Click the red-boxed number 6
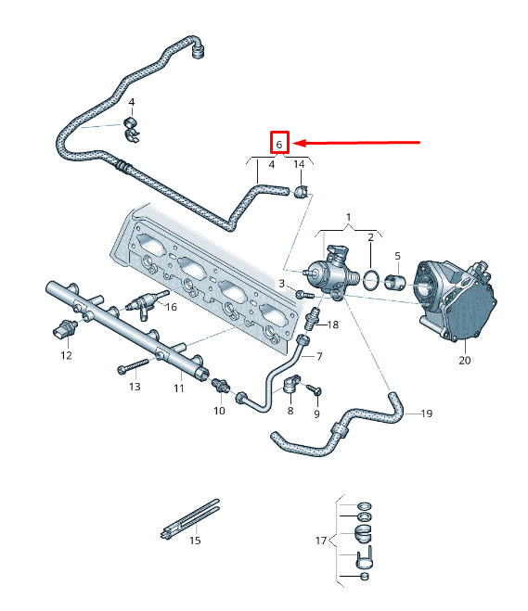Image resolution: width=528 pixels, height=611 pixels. click(278, 145)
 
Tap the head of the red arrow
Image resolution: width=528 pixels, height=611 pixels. click(293, 143)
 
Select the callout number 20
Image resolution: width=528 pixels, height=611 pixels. click(464, 360)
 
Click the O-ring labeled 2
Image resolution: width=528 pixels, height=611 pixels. click(371, 279)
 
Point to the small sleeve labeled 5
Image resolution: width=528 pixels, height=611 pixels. click(394, 282)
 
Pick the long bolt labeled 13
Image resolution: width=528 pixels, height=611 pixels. click(133, 366)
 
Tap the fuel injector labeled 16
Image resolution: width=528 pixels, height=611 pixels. click(148, 304)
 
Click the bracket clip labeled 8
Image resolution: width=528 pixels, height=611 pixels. click(291, 384)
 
